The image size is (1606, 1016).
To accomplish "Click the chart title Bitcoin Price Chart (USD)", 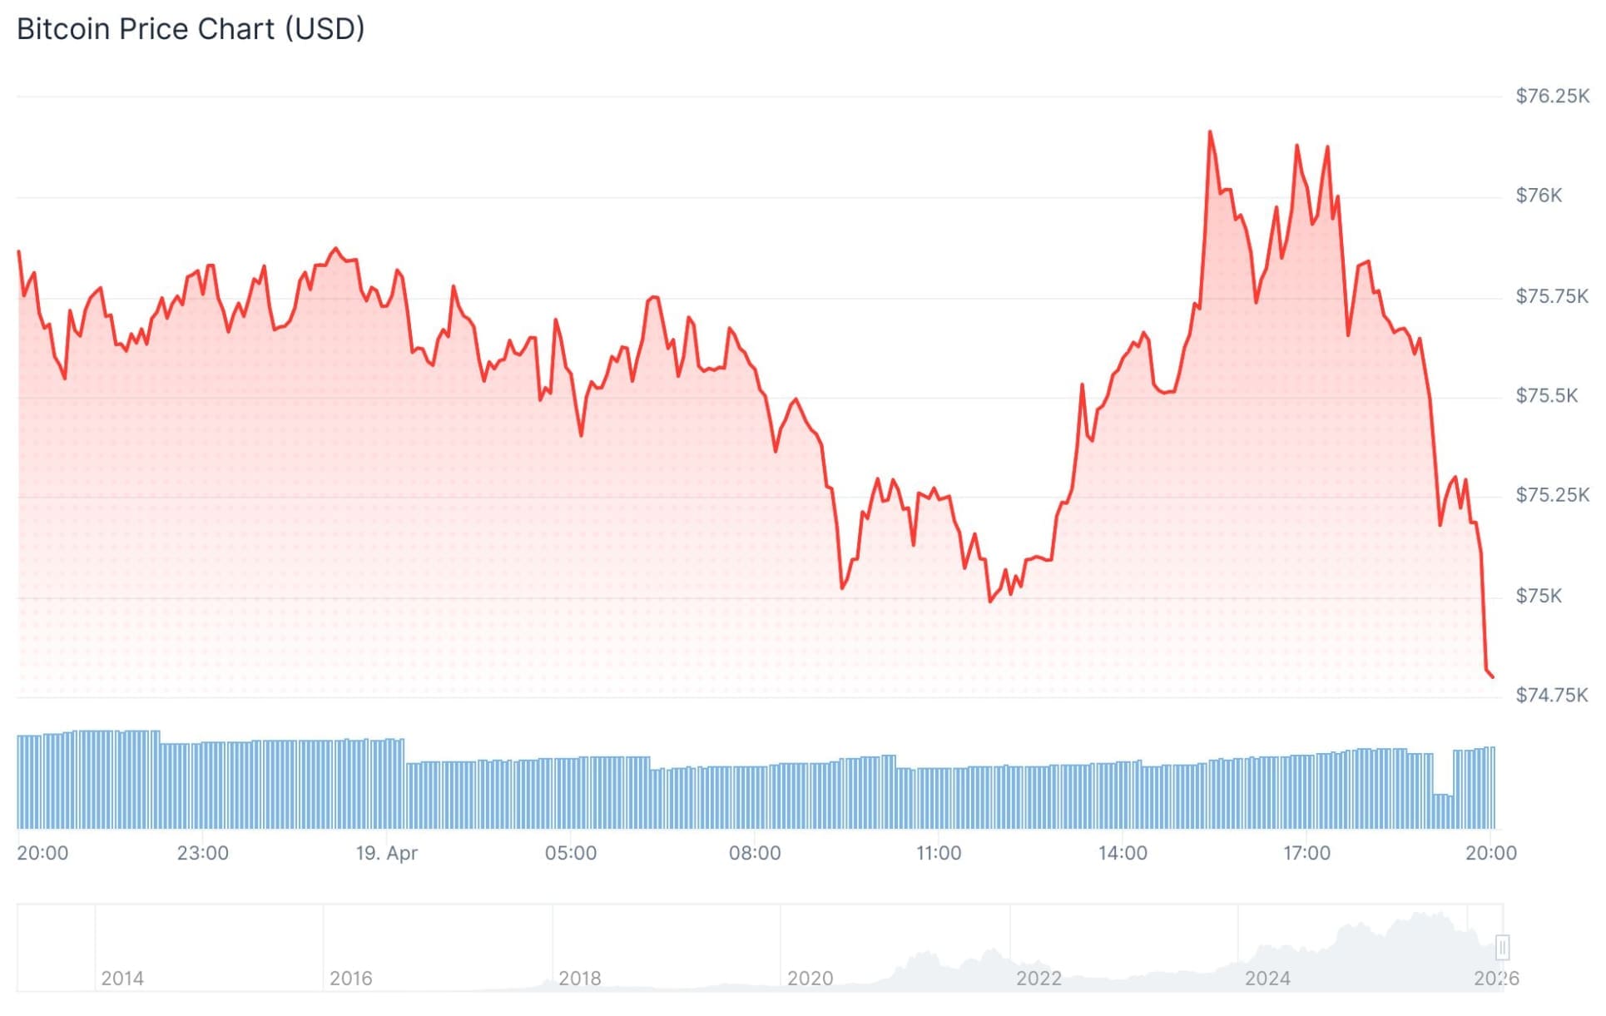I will (x=191, y=29).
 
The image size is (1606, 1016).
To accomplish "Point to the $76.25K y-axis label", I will (x=1551, y=97).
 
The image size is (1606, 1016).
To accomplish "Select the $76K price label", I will (x=1538, y=196).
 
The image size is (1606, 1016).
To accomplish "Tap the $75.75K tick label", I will (x=1551, y=296).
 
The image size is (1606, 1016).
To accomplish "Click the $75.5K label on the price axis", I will (x=1546, y=396).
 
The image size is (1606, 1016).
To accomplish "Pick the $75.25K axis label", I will (x=1551, y=496).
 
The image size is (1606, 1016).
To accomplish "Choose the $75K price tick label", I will (x=1538, y=596).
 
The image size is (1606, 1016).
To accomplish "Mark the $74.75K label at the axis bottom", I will (x=1551, y=696).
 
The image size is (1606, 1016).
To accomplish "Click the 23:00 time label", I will (x=202, y=853).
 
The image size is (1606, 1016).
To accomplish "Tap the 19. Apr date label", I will (x=386, y=853).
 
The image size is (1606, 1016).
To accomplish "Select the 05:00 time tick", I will (x=570, y=853).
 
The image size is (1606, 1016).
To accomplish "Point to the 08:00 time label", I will (x=754, y=853).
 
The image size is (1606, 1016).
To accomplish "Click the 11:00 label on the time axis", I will (x=938, y=853).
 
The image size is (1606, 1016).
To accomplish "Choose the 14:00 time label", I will (x=1122, y=853).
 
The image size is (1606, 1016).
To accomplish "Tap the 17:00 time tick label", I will (x=1306, y=853).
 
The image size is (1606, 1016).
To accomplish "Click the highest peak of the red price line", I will (x=1209, y=131).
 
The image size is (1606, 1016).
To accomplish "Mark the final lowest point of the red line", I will (x=1492, y=677).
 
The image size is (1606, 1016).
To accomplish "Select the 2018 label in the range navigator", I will (x=579, y=979).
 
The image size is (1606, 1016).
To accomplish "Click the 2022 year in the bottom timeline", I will (x=1038, y=979).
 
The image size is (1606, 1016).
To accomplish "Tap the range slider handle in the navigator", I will (x=1502, y=947).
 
